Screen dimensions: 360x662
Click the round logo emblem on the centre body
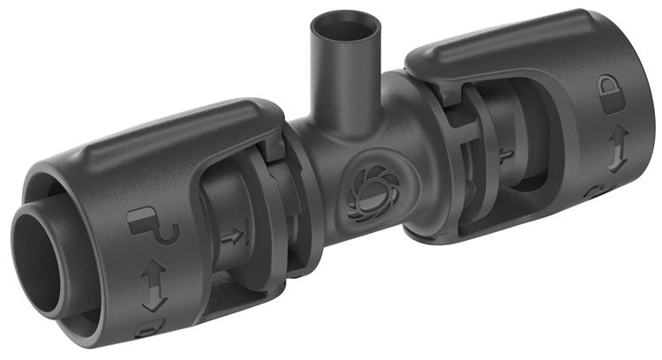[366, 188]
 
